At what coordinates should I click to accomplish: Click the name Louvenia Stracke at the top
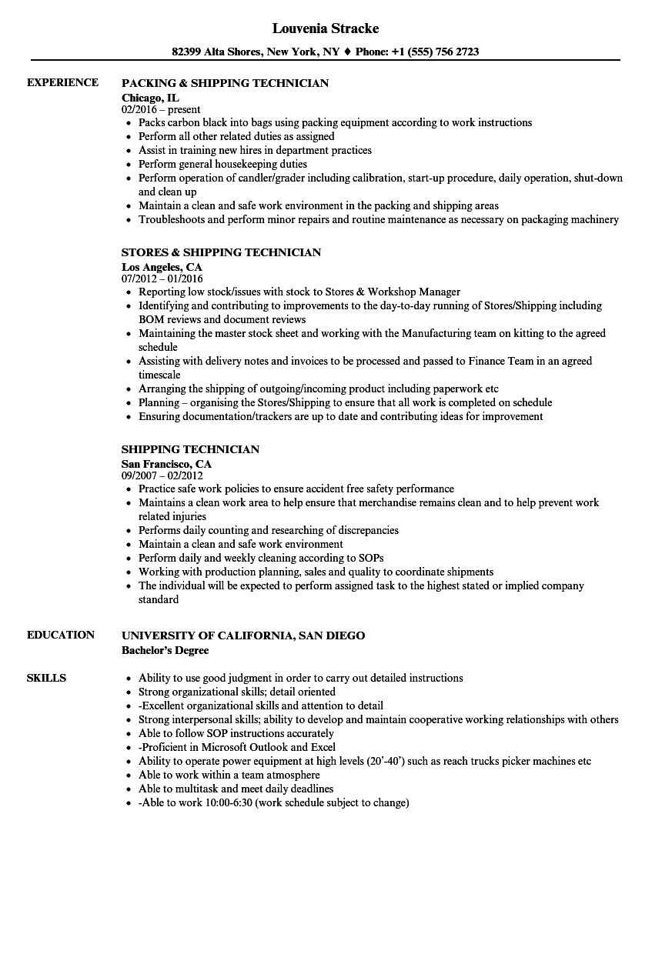326,28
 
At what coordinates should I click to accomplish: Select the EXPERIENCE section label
62,82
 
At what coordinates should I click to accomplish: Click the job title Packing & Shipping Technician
225,83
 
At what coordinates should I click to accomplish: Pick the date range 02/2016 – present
161,109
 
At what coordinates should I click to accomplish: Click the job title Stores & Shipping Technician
221,252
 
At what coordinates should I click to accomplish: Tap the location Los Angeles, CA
162,266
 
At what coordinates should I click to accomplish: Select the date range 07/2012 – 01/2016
162,279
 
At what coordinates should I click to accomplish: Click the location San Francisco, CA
166,463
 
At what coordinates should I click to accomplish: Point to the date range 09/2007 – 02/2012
162,475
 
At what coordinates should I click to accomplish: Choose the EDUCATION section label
61,635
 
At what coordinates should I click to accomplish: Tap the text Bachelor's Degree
165,649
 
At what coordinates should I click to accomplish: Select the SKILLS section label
46,678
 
